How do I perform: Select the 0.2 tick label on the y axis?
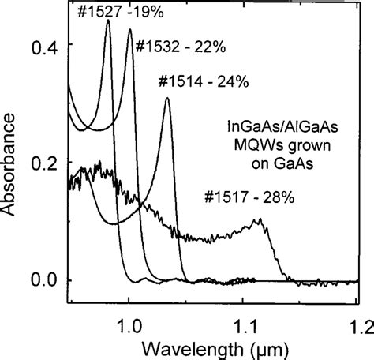click(x=43, y=163)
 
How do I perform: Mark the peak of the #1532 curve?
click(x=129, y=29)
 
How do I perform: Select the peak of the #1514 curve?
click(x=166, y=98)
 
